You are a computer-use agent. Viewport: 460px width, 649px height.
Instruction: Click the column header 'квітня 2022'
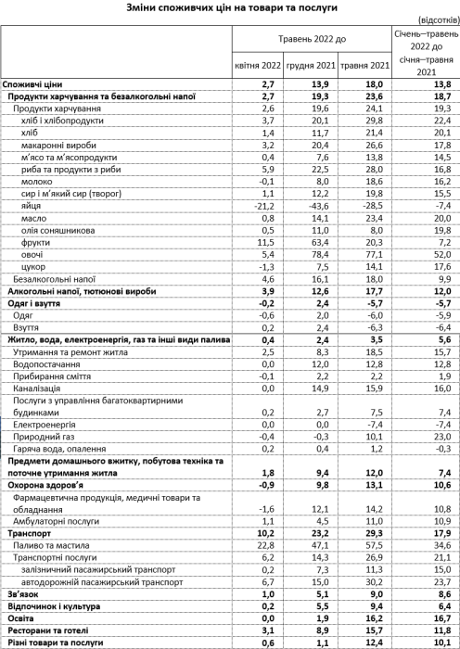pos(256,66)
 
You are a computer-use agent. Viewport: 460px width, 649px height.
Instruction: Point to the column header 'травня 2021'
pos(364,66)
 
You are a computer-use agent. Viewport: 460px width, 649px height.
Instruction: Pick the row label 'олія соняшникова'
pos(55,228)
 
